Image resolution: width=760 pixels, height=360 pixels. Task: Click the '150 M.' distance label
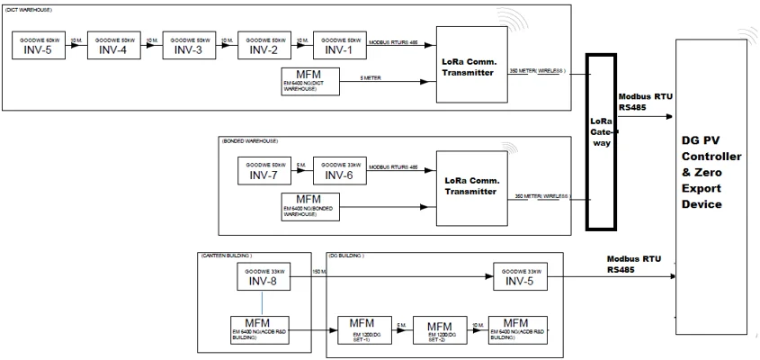click(319, 271)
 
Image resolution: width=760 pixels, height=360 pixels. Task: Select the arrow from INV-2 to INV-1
click(301, 45)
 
